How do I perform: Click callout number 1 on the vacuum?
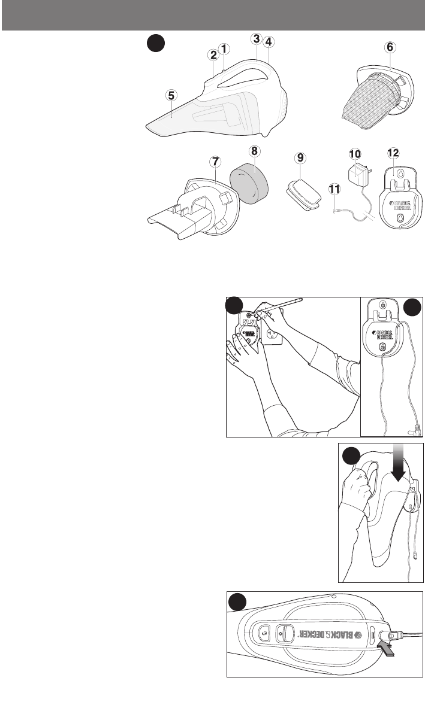[224, 48]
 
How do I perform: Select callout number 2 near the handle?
[213, 54]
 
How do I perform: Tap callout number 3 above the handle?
[256, 39]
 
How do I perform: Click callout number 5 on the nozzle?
[171, 95]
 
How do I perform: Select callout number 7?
[215, 162]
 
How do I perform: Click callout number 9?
[300, 158]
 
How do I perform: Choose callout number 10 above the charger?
[355, 154]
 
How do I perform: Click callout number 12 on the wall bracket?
[393, 154]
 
